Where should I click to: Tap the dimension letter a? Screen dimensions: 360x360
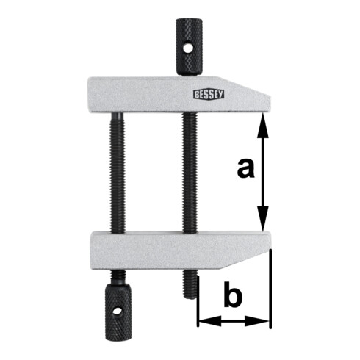pyautogui.click(x=247, y=169)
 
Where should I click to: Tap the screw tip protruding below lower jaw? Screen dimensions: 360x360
pyautogui.click(x=190, y=283)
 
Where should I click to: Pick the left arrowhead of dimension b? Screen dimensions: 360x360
pyautogui.click(x=203, y=321)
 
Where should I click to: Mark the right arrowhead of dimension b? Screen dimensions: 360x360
pyautogui.click(x=264, y=321)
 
